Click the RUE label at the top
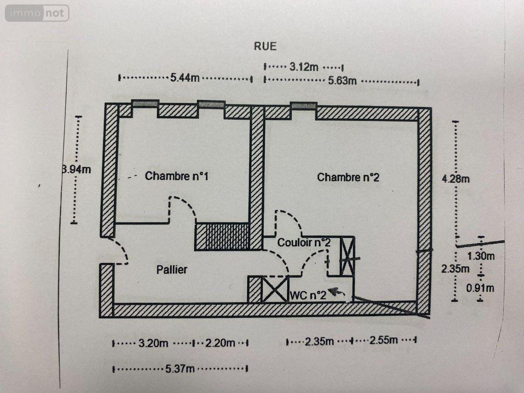(x=265, y=46)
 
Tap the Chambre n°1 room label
(x=177, y=176)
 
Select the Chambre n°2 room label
(x=348, y=177)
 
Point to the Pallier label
(x=172, y=269)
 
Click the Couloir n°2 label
(x=304, y=243)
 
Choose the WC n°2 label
(x=308, y=296)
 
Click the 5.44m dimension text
(x=185, y=78)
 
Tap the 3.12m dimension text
(x=304, y=67)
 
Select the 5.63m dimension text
(x=342, y=81)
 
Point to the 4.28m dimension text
(x=456, y=179)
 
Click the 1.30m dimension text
(x=481, y=256)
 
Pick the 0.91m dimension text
(x=480, y=288)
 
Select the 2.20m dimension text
(x=220, y=343)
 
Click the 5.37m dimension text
(x=180, y=369)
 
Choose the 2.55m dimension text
(x=384, y=340)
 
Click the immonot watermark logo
(x=37, y=13)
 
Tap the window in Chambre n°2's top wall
(x=303, y=106)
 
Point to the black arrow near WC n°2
(x=336, y=292)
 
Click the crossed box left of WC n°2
(x=275, y=290)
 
